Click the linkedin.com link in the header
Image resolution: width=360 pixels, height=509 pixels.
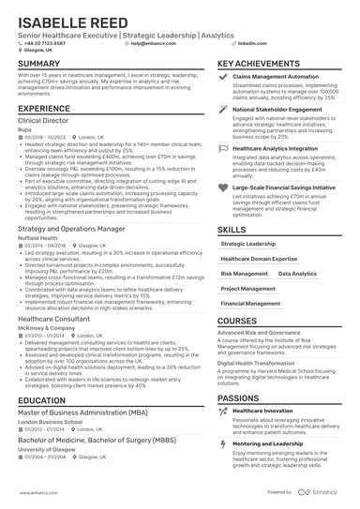tap(247, 43)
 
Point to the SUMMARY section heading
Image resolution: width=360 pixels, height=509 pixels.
tap(38, 64)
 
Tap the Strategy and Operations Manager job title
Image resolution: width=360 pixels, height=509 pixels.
tap(71, 229)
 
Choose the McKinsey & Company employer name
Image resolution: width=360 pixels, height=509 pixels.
tap(44, 327)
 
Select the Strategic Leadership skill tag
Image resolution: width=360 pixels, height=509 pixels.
tap(248, 243)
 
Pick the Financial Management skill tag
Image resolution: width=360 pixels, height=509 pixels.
tap(250, 304)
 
